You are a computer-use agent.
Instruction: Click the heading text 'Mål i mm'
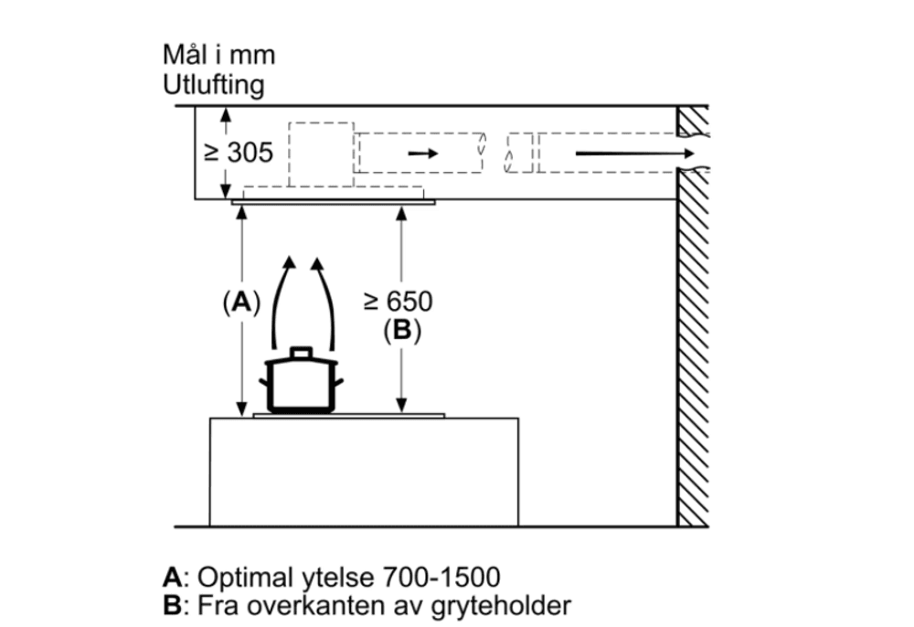tap(218, 56)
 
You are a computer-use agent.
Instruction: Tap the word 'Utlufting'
tap(214, 86)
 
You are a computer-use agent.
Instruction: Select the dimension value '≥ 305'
tap(238, 153)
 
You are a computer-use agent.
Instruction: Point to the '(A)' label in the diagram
tap(240, 303)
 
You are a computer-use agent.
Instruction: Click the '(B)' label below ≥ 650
tap(402, 331)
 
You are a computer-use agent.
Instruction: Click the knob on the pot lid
tap(301, 352)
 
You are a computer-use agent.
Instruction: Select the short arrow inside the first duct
tap(422, 153)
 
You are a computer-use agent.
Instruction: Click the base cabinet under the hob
tap(364, 471)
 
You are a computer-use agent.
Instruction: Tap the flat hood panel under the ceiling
tap(334, 202)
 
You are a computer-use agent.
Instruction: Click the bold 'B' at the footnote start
tap(171, 605)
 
